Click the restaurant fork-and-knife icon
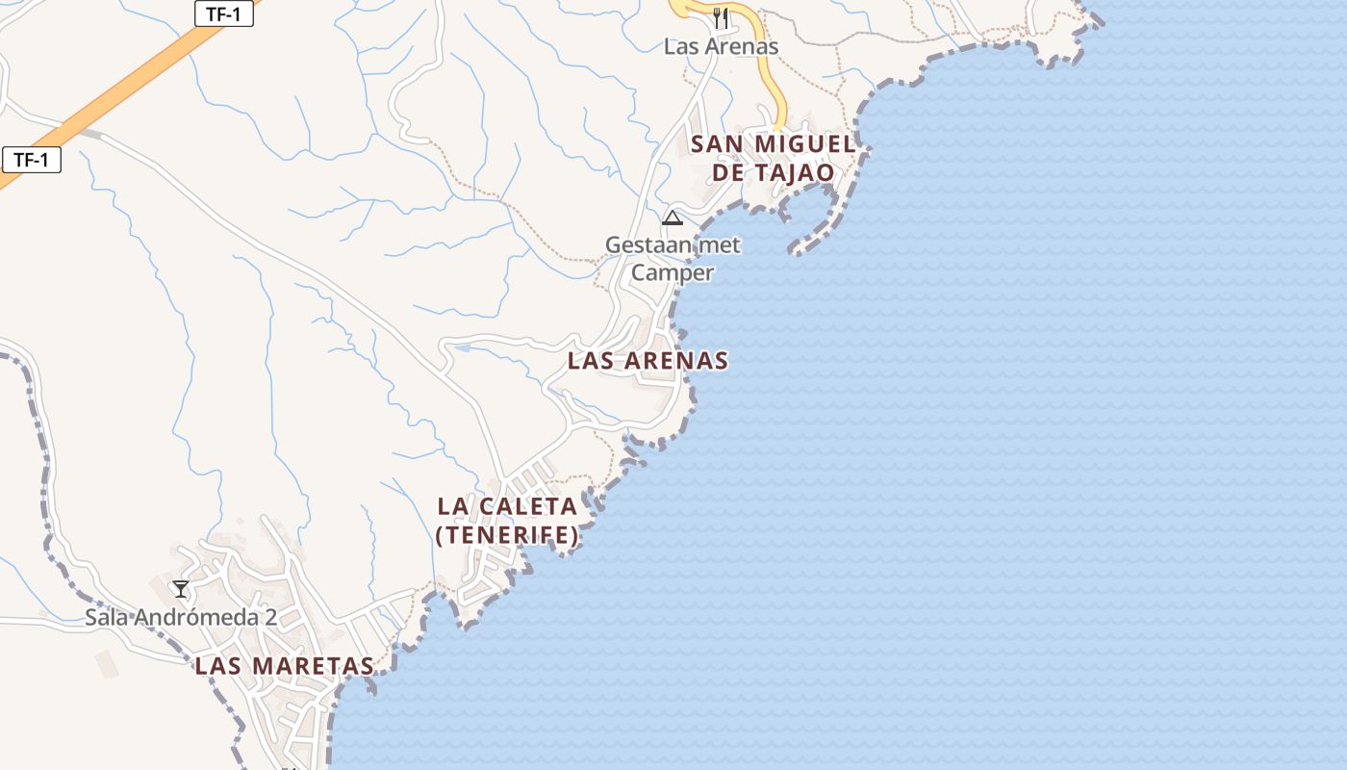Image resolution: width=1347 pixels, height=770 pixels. (x=720, y=16)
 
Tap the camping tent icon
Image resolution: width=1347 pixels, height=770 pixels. (x=672, y=218)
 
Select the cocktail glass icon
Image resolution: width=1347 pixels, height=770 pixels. (x=180, y=588)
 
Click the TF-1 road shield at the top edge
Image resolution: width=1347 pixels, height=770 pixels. (x=223, y=13)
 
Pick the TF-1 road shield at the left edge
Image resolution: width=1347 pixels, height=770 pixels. (x=31, y=160)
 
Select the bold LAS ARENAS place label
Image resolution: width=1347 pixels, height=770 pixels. (x=648, y=361)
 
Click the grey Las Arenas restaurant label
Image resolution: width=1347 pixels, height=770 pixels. (x=721, y=46)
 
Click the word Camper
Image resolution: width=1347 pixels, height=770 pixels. (x=673, y=273)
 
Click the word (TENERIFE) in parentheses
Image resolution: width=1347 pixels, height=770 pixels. (x=507, y=535)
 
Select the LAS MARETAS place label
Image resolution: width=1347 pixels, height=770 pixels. (x=284, y=666)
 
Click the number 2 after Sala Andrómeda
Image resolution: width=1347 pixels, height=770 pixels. (x=270, y=617)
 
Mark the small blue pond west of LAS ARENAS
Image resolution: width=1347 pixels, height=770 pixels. (x=459, y=347)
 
